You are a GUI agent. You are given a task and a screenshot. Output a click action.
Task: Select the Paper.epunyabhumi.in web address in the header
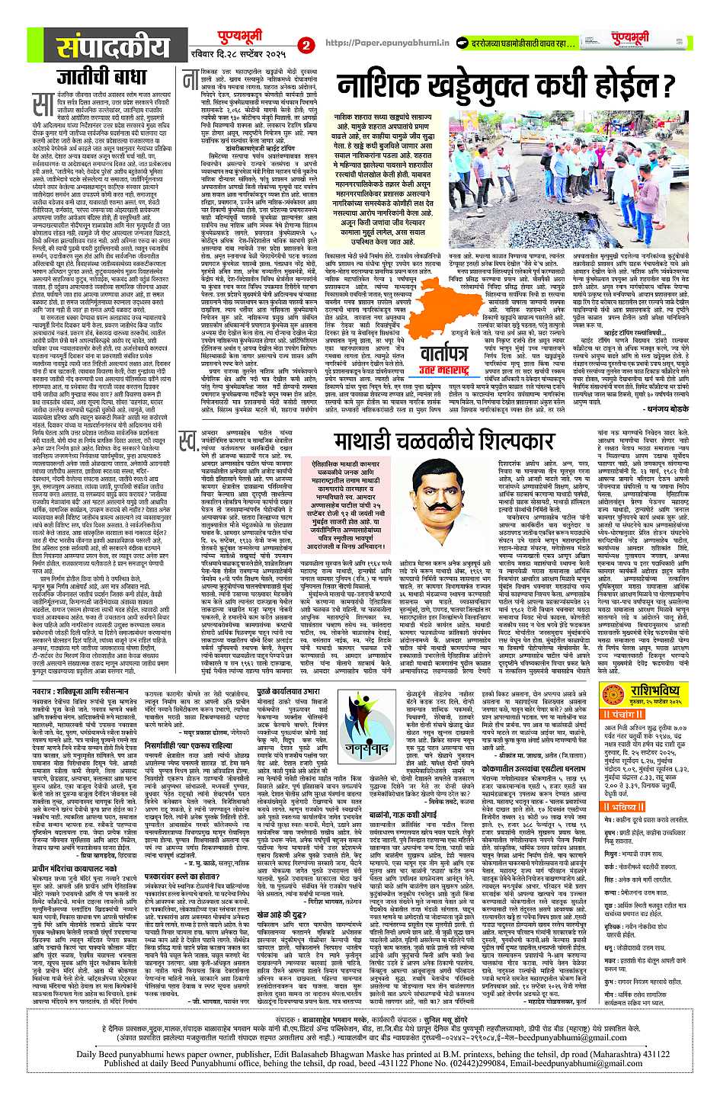point(375,44)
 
